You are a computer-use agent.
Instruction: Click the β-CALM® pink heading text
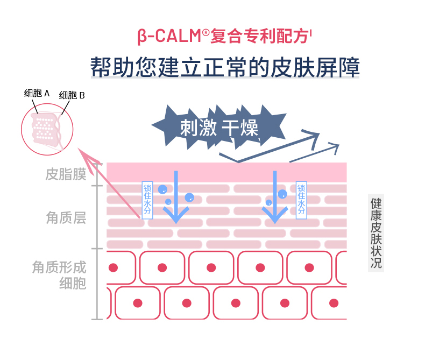pos(224,37)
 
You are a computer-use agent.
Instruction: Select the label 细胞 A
pos(37,93)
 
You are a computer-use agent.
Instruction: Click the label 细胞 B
pos(72,96)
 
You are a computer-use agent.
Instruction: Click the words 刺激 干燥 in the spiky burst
pos(219,128)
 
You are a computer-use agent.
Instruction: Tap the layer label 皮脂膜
pos(66,174)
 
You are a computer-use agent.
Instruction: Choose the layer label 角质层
pos(66,218)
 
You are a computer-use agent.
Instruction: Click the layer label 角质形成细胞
pos(59,275)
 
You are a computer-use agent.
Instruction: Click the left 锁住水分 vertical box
pos(147,200)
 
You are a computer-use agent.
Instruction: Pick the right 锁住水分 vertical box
pos(301,200)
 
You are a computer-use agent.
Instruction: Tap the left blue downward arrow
pos(174,199)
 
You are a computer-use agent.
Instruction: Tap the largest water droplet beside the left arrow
pos(189,197)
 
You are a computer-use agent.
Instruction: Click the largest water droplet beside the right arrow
pos(282,194)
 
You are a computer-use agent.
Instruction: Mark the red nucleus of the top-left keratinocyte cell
pos(113,267)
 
